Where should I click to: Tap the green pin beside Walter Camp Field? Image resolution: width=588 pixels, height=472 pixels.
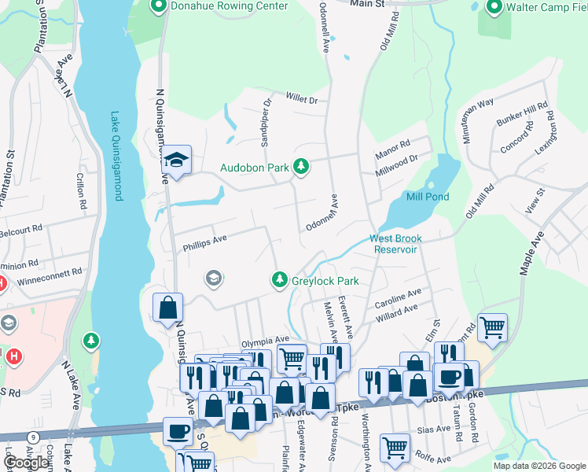tap(494, 7)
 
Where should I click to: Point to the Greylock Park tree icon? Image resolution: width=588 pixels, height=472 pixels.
tap(279, 279)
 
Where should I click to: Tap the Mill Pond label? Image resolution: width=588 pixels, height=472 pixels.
tap(428, 197)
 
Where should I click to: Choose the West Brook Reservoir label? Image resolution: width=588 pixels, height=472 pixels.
tap(396, 243)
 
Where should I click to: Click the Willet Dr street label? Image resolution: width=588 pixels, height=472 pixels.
tap(301, 100)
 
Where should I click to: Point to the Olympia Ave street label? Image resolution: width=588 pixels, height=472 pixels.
tap(265, 341)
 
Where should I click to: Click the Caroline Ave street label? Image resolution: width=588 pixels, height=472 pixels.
tap(398, 300)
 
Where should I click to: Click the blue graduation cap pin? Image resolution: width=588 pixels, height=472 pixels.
tap(177, 160)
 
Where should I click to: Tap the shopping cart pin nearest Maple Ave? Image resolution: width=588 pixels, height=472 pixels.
tap(492, 326)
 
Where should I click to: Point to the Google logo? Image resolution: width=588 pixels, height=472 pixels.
tap(26, 463)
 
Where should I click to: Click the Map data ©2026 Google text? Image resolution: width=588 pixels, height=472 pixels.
tap(539, 466)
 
